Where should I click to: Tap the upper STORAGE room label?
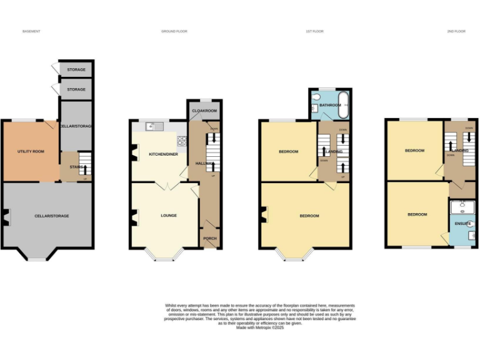tap(76, 69)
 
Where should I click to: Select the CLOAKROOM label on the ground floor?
tap(203, 111)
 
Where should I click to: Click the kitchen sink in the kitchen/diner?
tap(153, 127)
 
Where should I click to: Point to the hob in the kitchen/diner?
tap(182, 141)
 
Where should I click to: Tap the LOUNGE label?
tap(169, 216)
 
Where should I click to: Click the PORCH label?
tap(209, 238)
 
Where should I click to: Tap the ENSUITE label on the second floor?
tap(462, 222)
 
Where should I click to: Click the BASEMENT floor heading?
tap(31, 31)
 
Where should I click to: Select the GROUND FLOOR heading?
tap(174, 31)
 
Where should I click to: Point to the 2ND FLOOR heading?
tap(456, 31)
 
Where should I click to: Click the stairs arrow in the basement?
tap(85, 166)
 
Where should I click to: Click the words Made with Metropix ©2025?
tap(259, 327)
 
